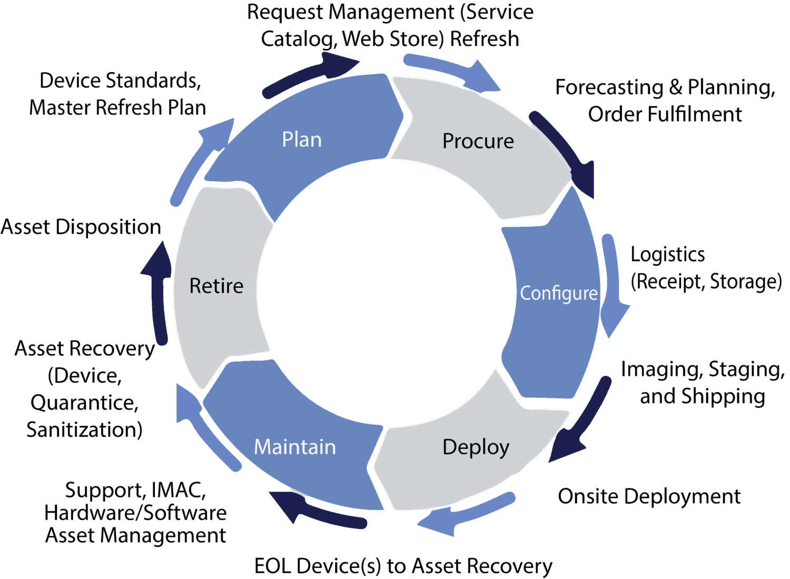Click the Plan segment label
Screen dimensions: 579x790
(x=301, y=140)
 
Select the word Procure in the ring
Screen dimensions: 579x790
(x=478, y=141)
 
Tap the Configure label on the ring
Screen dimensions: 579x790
(x=558, y=294)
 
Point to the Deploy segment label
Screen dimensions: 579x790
(x=476, y=447)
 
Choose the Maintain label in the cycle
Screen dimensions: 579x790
(x=294, y=447)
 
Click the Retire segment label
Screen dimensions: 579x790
(x=216, y=286)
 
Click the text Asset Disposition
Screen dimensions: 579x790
(x=81, y=227)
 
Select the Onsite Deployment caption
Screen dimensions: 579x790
(x=649, y=496)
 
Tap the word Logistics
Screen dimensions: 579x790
(x=667, y=255)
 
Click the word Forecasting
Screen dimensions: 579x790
(x=609, y=87)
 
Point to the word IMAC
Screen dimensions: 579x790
(x=177, y=490)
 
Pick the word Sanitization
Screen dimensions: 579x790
(x=84, y=430)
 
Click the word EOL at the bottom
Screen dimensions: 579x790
(x=273, y=566)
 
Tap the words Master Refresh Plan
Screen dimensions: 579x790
(x=117, y=107)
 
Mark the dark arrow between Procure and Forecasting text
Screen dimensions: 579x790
(x=566, y=153)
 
